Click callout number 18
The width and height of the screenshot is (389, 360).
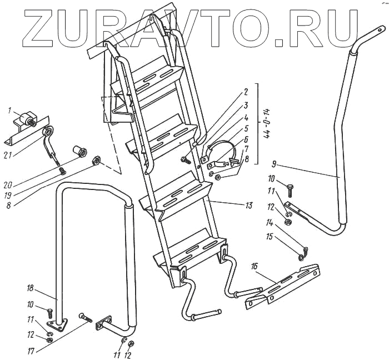click(30, 287)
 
